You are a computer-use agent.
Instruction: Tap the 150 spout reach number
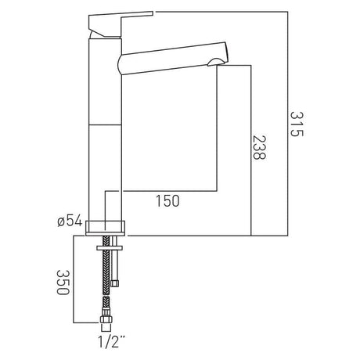[x=166, y=202]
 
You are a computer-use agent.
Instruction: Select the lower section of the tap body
[x=106, y=168]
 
